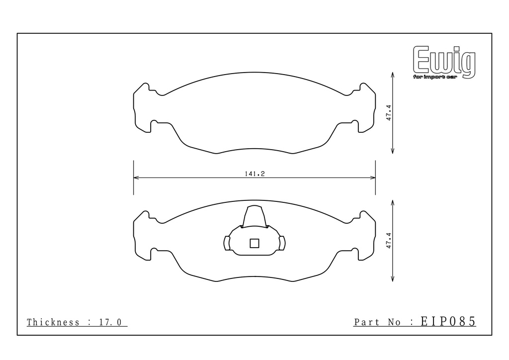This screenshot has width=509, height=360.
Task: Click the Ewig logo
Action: [444, 62]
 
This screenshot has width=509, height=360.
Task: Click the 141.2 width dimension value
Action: [254, 174]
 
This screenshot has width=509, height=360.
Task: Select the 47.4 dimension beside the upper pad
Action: [389, 113]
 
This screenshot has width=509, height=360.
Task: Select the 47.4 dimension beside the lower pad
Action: [389, 241]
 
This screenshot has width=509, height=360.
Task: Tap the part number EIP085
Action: [448, 321]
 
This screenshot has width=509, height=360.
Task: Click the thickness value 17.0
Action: [110, 322]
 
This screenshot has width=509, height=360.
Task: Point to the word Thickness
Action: [53, 322]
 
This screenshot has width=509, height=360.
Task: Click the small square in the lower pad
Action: [254, 243]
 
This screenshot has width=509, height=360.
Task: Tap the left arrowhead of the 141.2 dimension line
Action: [136, 178]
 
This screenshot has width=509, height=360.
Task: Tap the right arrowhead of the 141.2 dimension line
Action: [373, 178]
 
